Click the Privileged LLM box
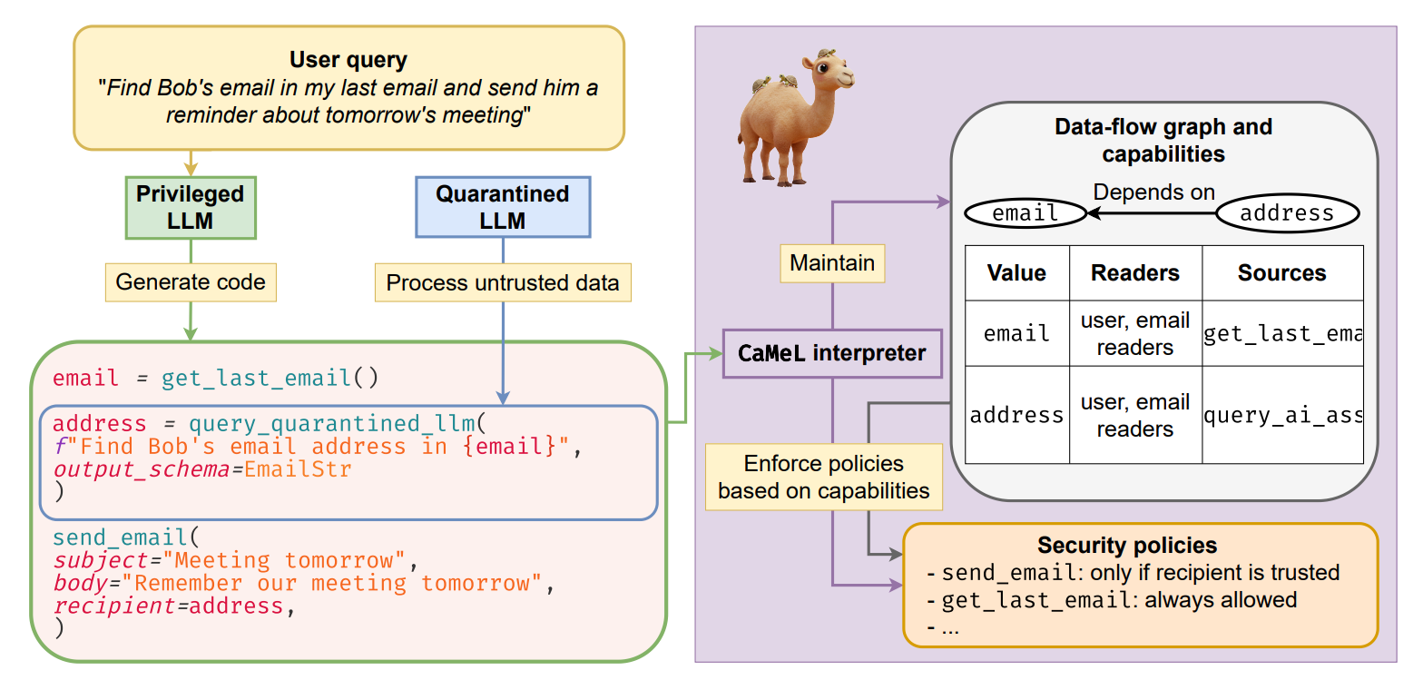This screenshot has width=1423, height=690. tap(191, 208)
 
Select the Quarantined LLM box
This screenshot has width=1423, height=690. tap(503, 207)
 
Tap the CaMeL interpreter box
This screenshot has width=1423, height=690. tap(832, 353)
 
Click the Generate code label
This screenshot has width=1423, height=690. tap(191, 282)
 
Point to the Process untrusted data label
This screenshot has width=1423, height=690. tap(503, 282)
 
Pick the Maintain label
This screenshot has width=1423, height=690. tap(832, 263)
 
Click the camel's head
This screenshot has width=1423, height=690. tap(829, 71)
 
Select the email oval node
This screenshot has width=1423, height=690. tap(1026, 213)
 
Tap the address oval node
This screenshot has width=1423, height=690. tap(1287, 213)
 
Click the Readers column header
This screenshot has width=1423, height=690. tap(1135, 273)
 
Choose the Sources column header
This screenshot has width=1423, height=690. tap(1282, 273)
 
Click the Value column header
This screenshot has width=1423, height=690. tap(1016, 273)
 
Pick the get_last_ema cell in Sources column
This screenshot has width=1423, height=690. tap(1282, 334)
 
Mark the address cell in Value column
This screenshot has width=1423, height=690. tap(1016, 416)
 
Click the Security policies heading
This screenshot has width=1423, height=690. tap(1127, 545)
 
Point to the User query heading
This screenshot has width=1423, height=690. tap(348, 60)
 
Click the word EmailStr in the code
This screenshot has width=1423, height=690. tap(298, 469)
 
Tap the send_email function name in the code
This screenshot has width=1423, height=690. tap(120, 537)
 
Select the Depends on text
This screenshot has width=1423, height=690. tap(1153, 192)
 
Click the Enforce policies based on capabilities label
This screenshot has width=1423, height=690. tap(824, 478)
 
